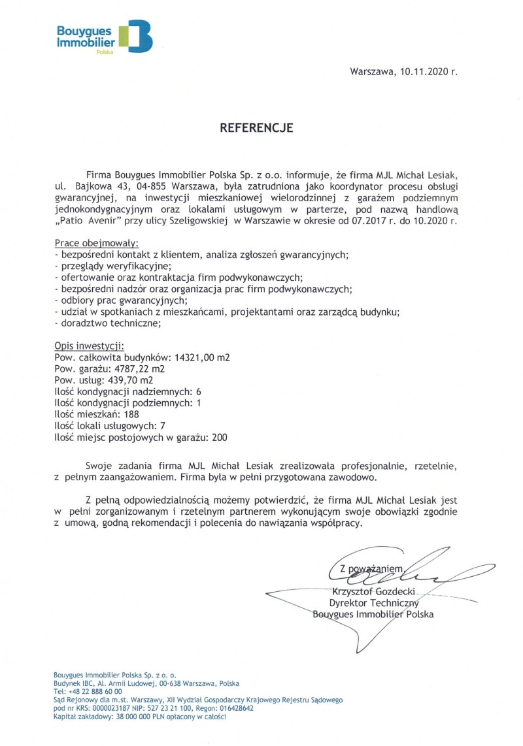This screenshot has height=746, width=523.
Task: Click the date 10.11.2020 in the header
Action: [418, 71]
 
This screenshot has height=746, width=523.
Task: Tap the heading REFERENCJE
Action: [256, 127]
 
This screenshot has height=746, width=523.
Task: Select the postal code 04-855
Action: [130, 186]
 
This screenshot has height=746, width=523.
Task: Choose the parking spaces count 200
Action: [220, 437]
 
